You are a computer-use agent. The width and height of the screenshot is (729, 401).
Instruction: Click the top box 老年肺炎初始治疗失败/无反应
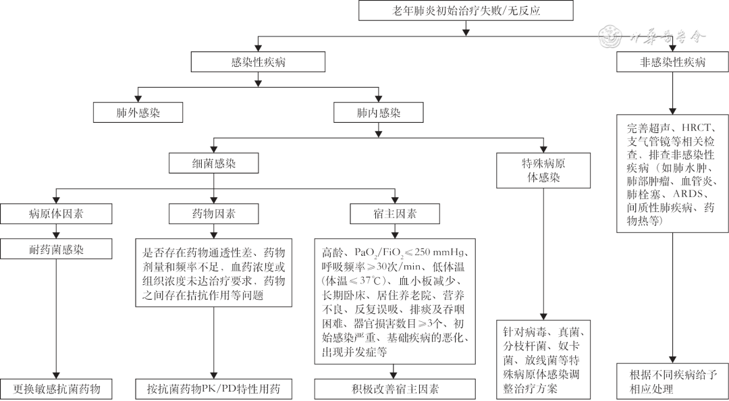pyautogui.click(x=466, y=11)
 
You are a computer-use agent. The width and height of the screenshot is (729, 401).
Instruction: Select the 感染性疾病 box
pyautogui.click(x=258, y=63)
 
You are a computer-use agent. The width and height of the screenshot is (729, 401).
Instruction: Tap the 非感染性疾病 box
pyautogui.click(x=672, y=63)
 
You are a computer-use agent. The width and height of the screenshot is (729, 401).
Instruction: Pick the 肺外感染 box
pyautogui.click(x=138, y=113)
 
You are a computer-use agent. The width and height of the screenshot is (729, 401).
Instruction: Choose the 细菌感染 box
pyautogui.click(x=214, y=163)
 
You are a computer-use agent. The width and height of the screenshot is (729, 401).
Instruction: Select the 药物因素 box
pyautogui.click(x=214, y=214)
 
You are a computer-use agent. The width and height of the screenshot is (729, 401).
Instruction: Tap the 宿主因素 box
pyautogui.click(x=396, y=214)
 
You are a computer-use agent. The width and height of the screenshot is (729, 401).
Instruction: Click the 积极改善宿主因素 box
pyautogui.click(x=396, y=390)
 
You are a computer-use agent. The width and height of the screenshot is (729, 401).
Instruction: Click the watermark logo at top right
pyautogui.click(x=613, y=36)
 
